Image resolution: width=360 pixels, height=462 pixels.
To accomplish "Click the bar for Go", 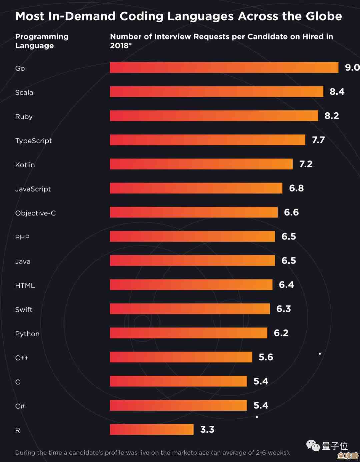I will [x=224, y=67].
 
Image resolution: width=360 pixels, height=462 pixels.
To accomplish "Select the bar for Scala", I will [x=217, y=92].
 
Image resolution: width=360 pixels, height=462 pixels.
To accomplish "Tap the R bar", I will [x=152, y=429].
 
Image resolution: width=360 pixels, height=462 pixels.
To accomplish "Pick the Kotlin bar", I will [x=201, y=164].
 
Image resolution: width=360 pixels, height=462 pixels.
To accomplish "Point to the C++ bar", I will [x=181, y=357].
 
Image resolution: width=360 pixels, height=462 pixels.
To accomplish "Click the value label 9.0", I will [x=352, y=68].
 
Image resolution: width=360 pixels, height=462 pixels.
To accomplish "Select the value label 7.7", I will [x=318, y=140].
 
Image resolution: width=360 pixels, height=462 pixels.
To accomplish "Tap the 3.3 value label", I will [x=207, y=430].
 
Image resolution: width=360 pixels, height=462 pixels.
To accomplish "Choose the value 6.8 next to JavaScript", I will [x=296, y=188].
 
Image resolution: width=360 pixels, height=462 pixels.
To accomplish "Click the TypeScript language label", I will [x=33, y=141].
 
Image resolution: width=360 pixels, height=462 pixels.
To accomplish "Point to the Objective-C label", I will [x=35, y=213].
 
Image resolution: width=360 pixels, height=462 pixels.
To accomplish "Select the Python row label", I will [x=27, y=334].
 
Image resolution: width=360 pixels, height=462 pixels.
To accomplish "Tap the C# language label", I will [x=20, y=406].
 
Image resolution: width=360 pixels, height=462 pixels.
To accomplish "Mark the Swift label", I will [x=24, y=309].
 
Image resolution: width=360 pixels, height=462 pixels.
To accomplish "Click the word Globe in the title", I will [x=324, y=16].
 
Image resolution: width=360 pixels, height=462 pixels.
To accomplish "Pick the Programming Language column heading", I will [x=42, y=41].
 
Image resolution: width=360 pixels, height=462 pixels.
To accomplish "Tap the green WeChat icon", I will [x=313, y=445].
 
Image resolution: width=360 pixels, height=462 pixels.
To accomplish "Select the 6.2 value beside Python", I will [x=281, y=333].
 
